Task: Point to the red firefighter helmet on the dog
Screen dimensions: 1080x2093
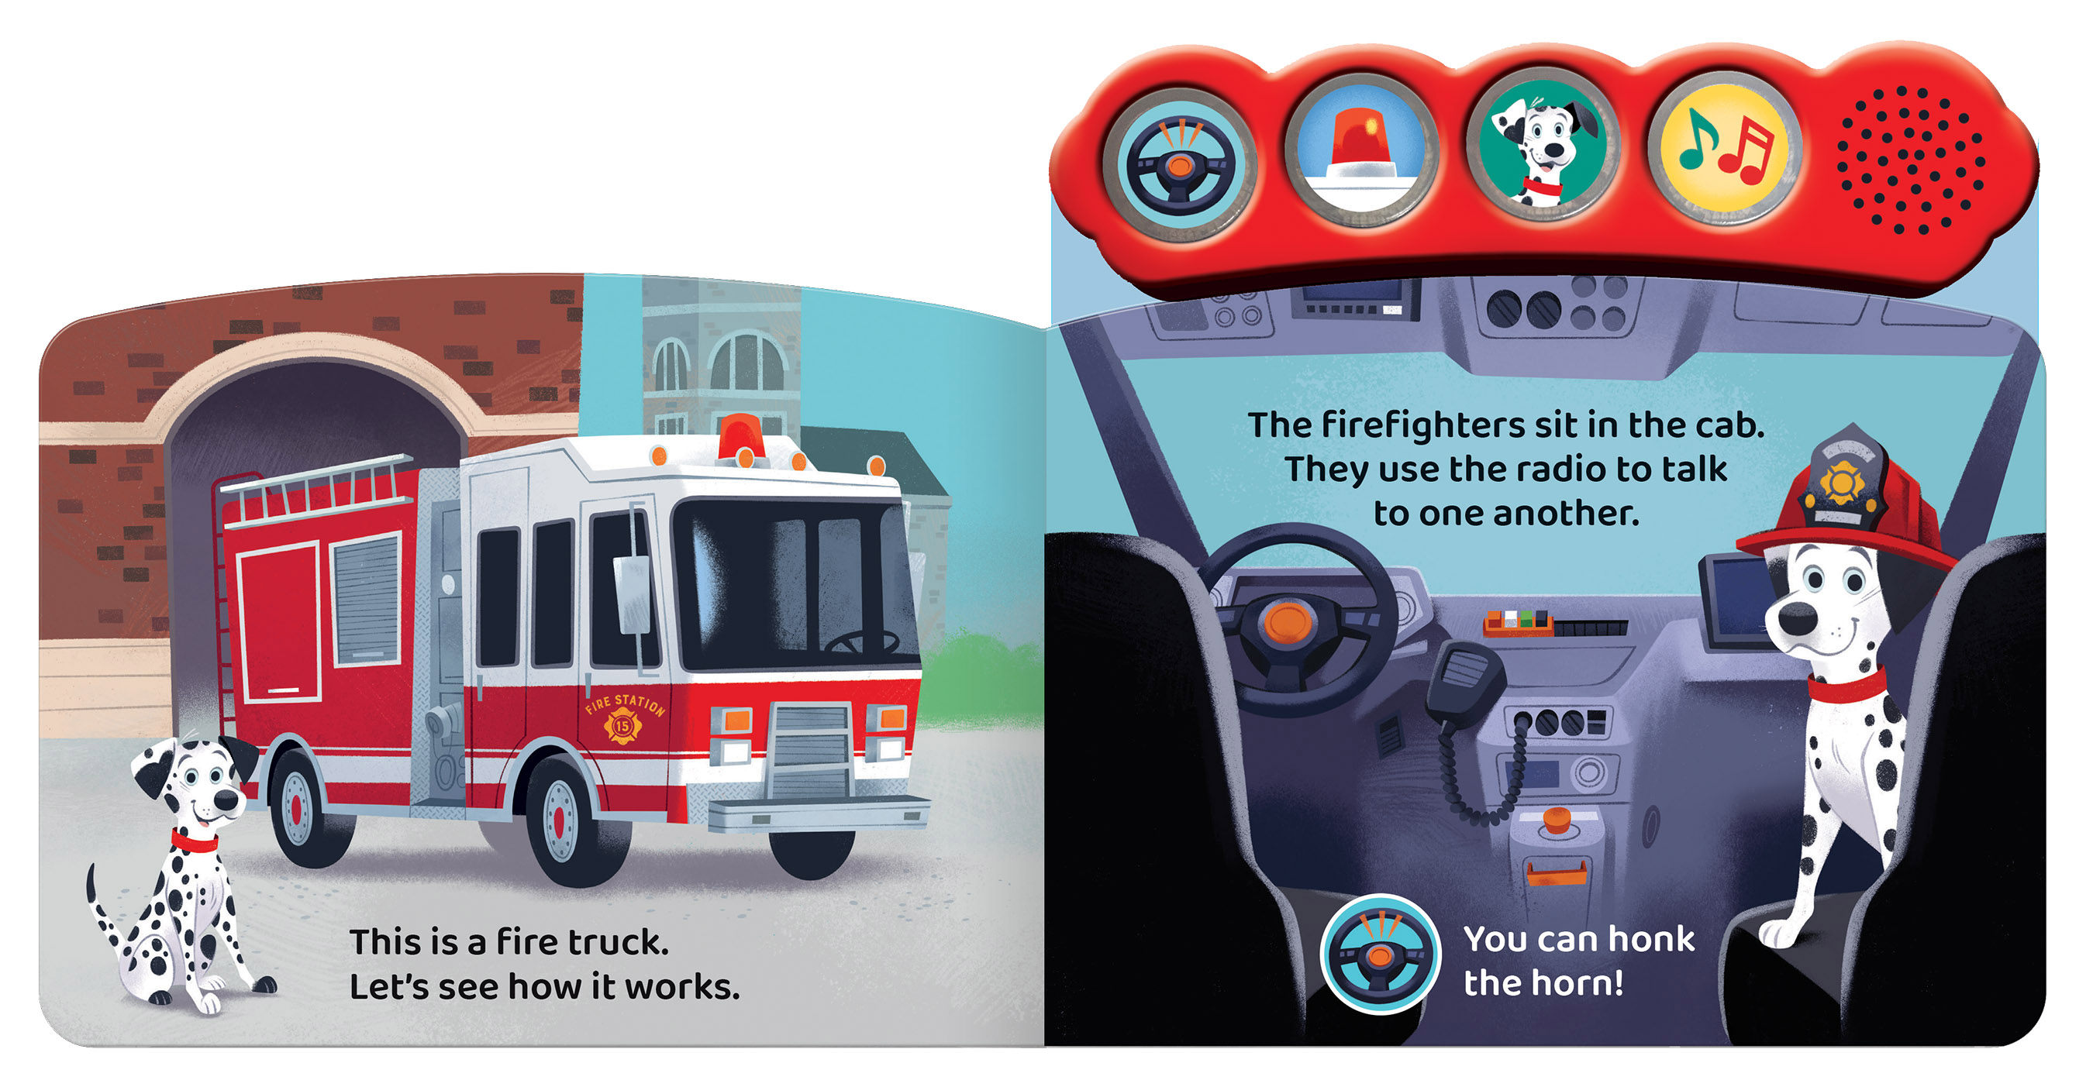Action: pos(1849,504)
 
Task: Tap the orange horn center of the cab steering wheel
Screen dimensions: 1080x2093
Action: pos(1288,622)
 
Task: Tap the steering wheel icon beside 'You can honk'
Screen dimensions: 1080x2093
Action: pos(1380,954)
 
